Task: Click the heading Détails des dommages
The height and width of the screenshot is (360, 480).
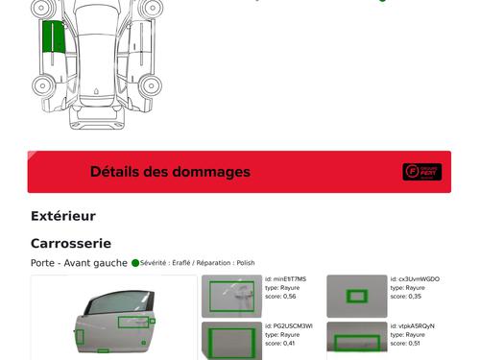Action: (x=170, y=172)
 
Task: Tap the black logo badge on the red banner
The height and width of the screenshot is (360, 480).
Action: (x=421, y=172)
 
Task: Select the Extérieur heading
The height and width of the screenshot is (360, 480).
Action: (x=63, y=216)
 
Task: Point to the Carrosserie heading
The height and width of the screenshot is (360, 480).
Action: (x=71, y=244)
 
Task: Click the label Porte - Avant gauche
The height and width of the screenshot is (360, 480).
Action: (x=79, y=263)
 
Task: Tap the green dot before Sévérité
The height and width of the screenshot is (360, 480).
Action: (x=135, y=263)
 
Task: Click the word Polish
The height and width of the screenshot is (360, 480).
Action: (x=246, y=263)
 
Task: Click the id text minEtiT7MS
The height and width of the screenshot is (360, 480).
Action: (x=289, y=279)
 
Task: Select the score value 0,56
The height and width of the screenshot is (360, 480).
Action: (x=289, y=297)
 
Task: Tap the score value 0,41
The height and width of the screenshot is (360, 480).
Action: (x=289, y=343)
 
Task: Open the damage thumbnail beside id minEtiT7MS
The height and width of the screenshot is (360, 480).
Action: (x=231, y=296)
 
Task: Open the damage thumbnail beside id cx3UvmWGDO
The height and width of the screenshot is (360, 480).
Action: (x=357, y=296)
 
